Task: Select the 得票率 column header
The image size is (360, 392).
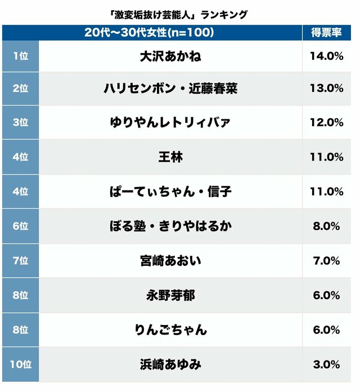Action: pos(327,33)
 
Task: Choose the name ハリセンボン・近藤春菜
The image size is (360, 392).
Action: pos(170,88)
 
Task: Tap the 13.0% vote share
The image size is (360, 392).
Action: pos(327,88)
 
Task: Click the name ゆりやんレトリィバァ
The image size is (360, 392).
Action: pos(170,123)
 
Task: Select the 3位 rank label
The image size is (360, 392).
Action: pos(20,123)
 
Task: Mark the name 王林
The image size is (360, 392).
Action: pos(170,157)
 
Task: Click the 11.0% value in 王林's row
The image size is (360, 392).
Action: pos(327,157)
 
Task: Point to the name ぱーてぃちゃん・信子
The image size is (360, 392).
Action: pos(170,191)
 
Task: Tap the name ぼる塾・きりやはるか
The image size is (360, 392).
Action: pos(170,226)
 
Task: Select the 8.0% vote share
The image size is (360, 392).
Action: pos(327,226)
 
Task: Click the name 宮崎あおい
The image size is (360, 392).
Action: pos(170,261)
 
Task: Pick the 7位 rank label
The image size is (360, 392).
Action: pos(20,261)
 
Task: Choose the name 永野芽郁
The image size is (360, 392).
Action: pos(170,295)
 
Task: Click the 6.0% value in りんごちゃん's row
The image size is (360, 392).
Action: pos(327,329)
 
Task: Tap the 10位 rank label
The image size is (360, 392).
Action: pos(20,364)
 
